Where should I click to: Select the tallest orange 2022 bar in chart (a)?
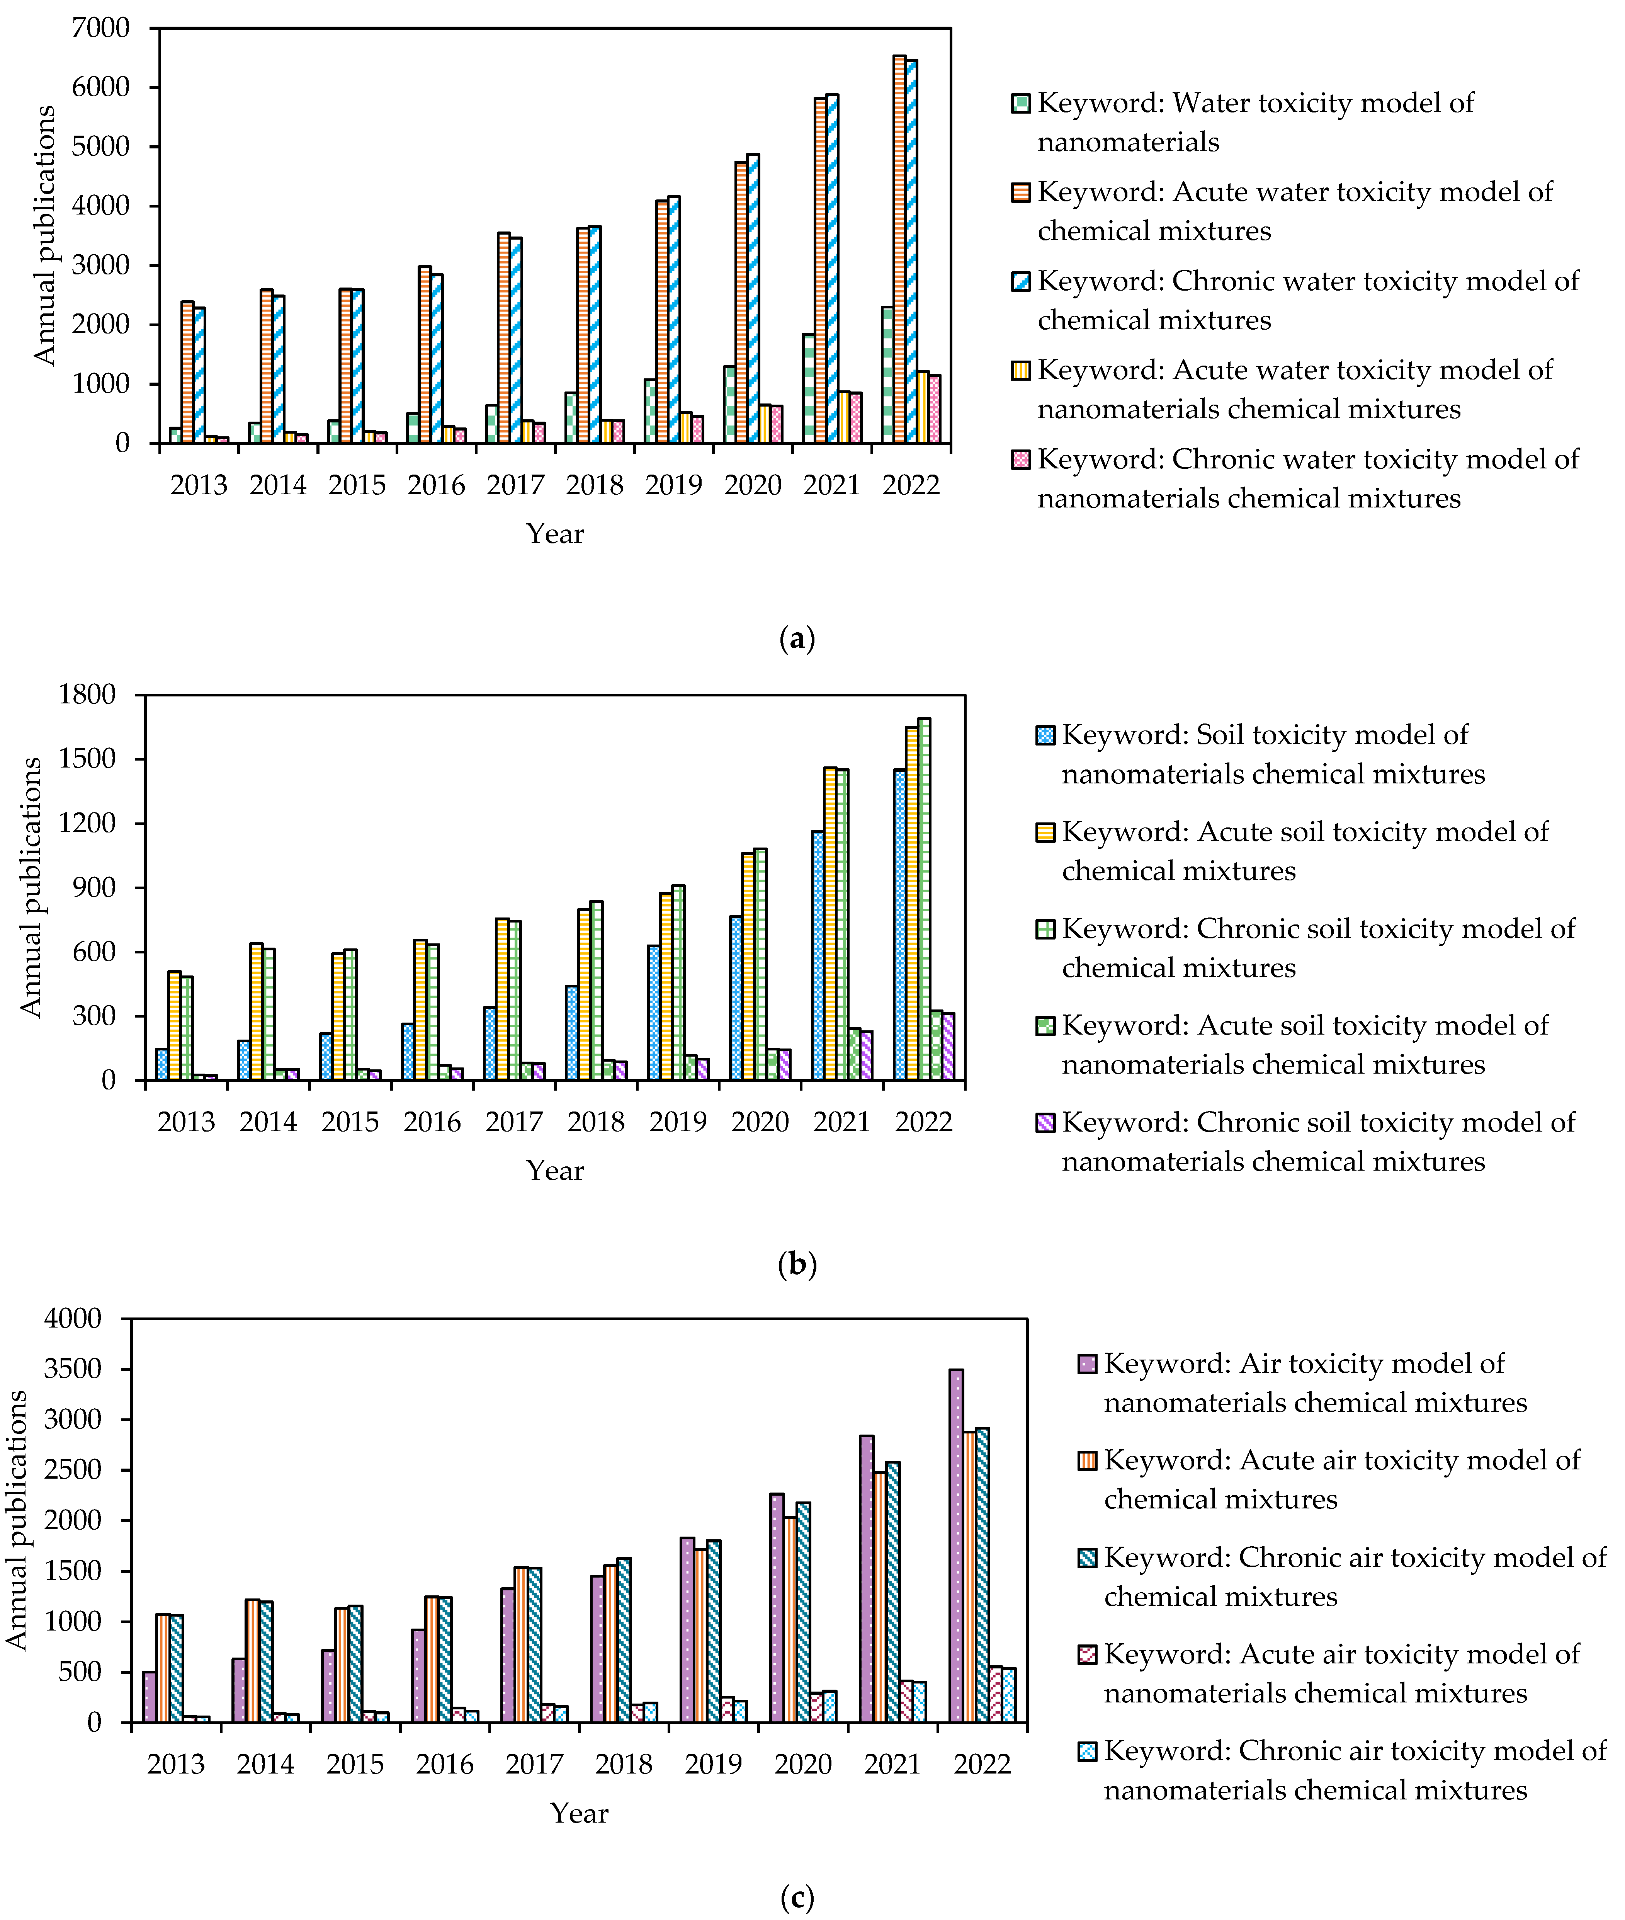(x=899, y=249)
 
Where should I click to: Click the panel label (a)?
(x=797, y=638)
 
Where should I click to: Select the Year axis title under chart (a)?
(x=554, y=533)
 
